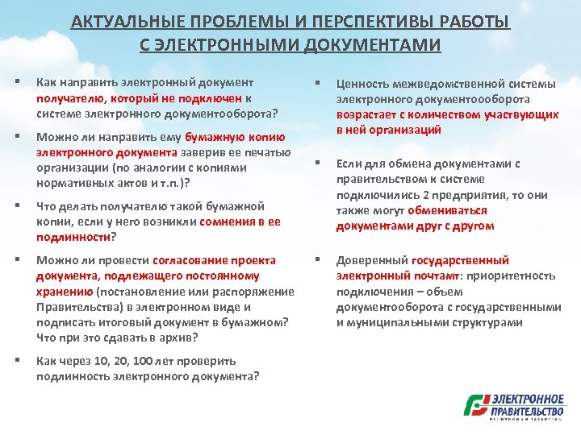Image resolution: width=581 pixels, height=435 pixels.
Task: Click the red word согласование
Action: pyautogui.click(x=183, y=260)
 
